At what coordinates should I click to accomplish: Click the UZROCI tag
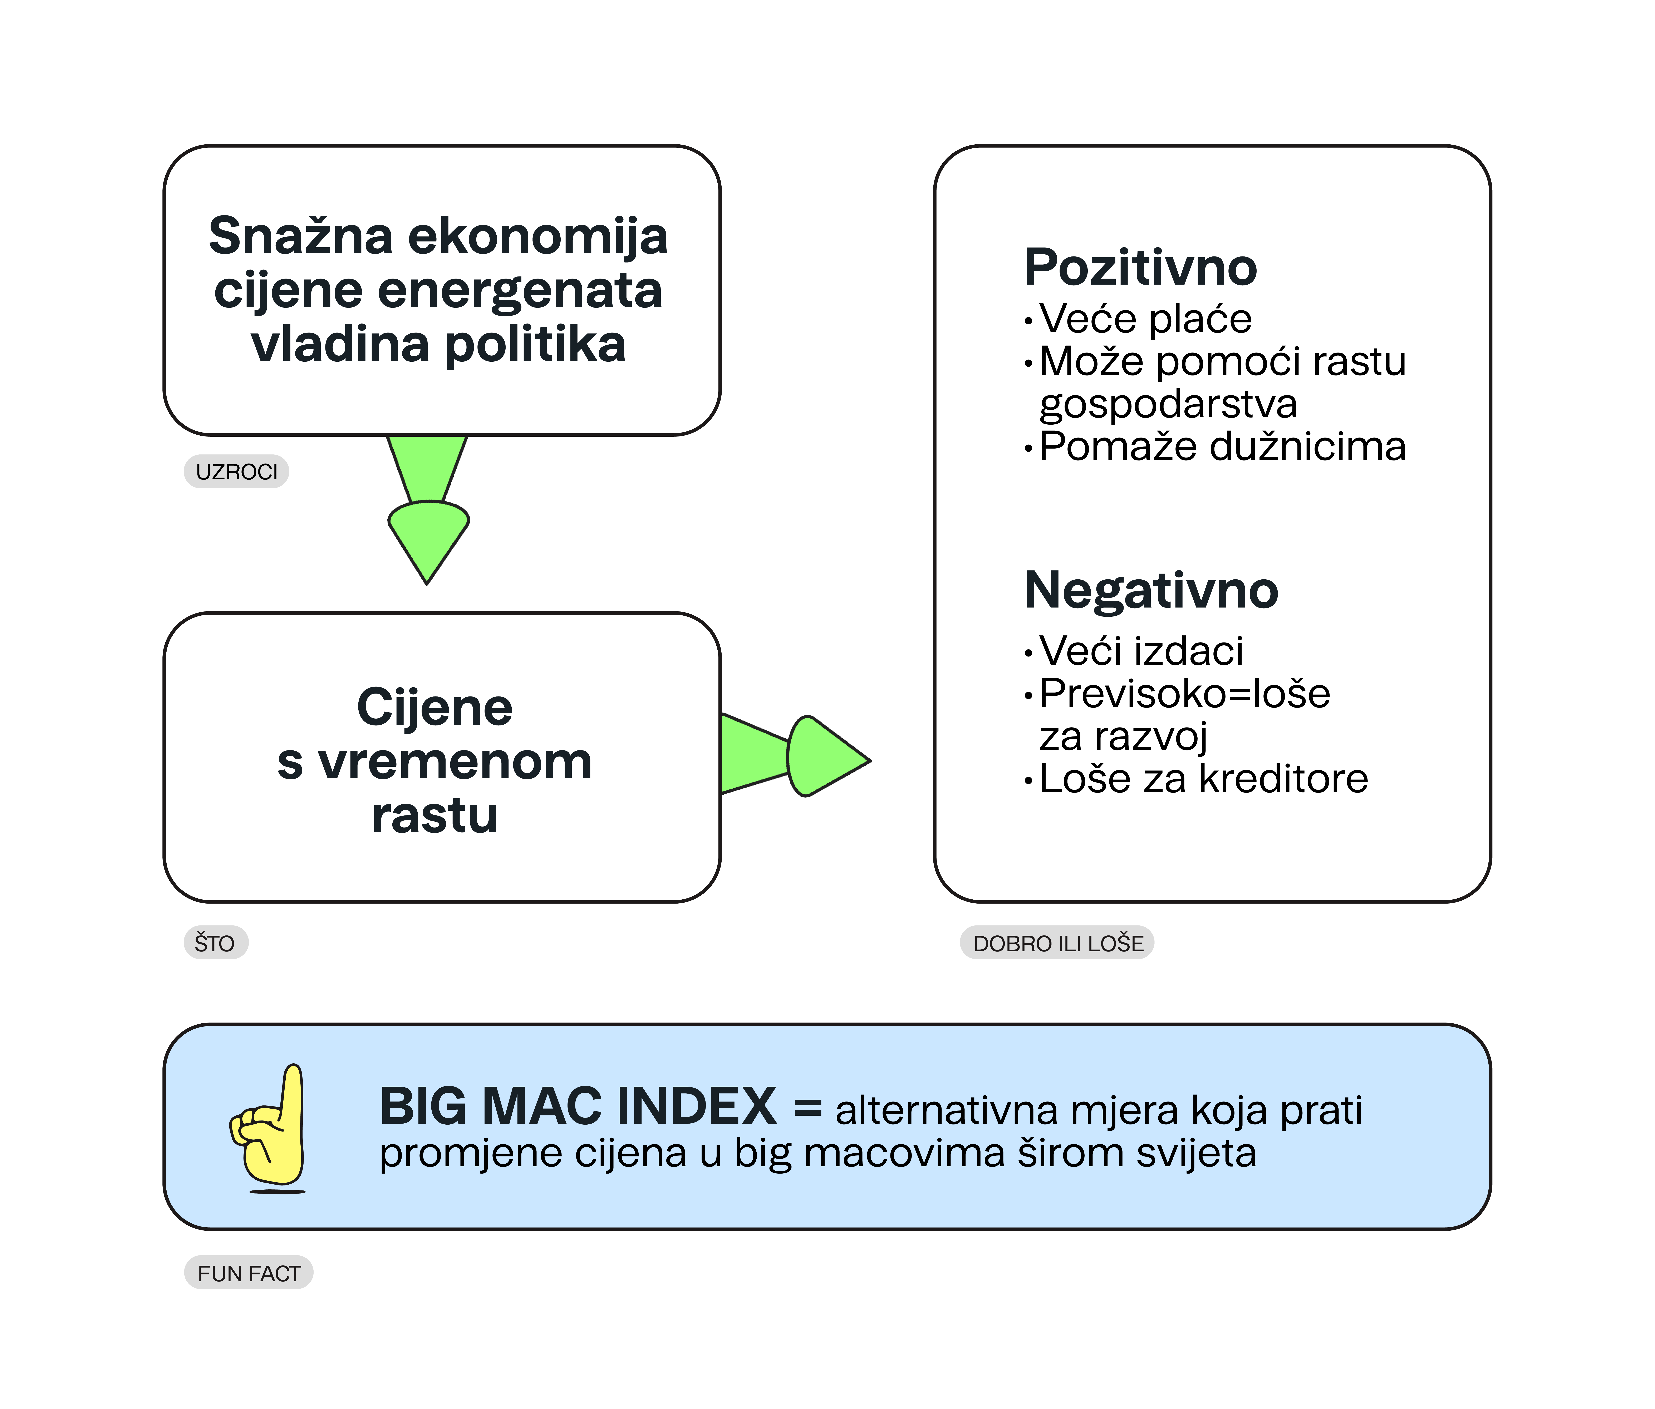(x=236, y=472)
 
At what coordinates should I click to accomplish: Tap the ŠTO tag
(x=216, y=943)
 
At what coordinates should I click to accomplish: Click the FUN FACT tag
(x=248, y=1273)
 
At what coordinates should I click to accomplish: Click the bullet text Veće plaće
(x=1145, y=319)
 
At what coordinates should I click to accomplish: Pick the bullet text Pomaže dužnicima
(x=1222, y=446)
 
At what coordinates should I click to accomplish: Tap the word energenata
(x=519, y=292)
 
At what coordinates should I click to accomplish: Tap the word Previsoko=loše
(x=1184, y=693)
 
